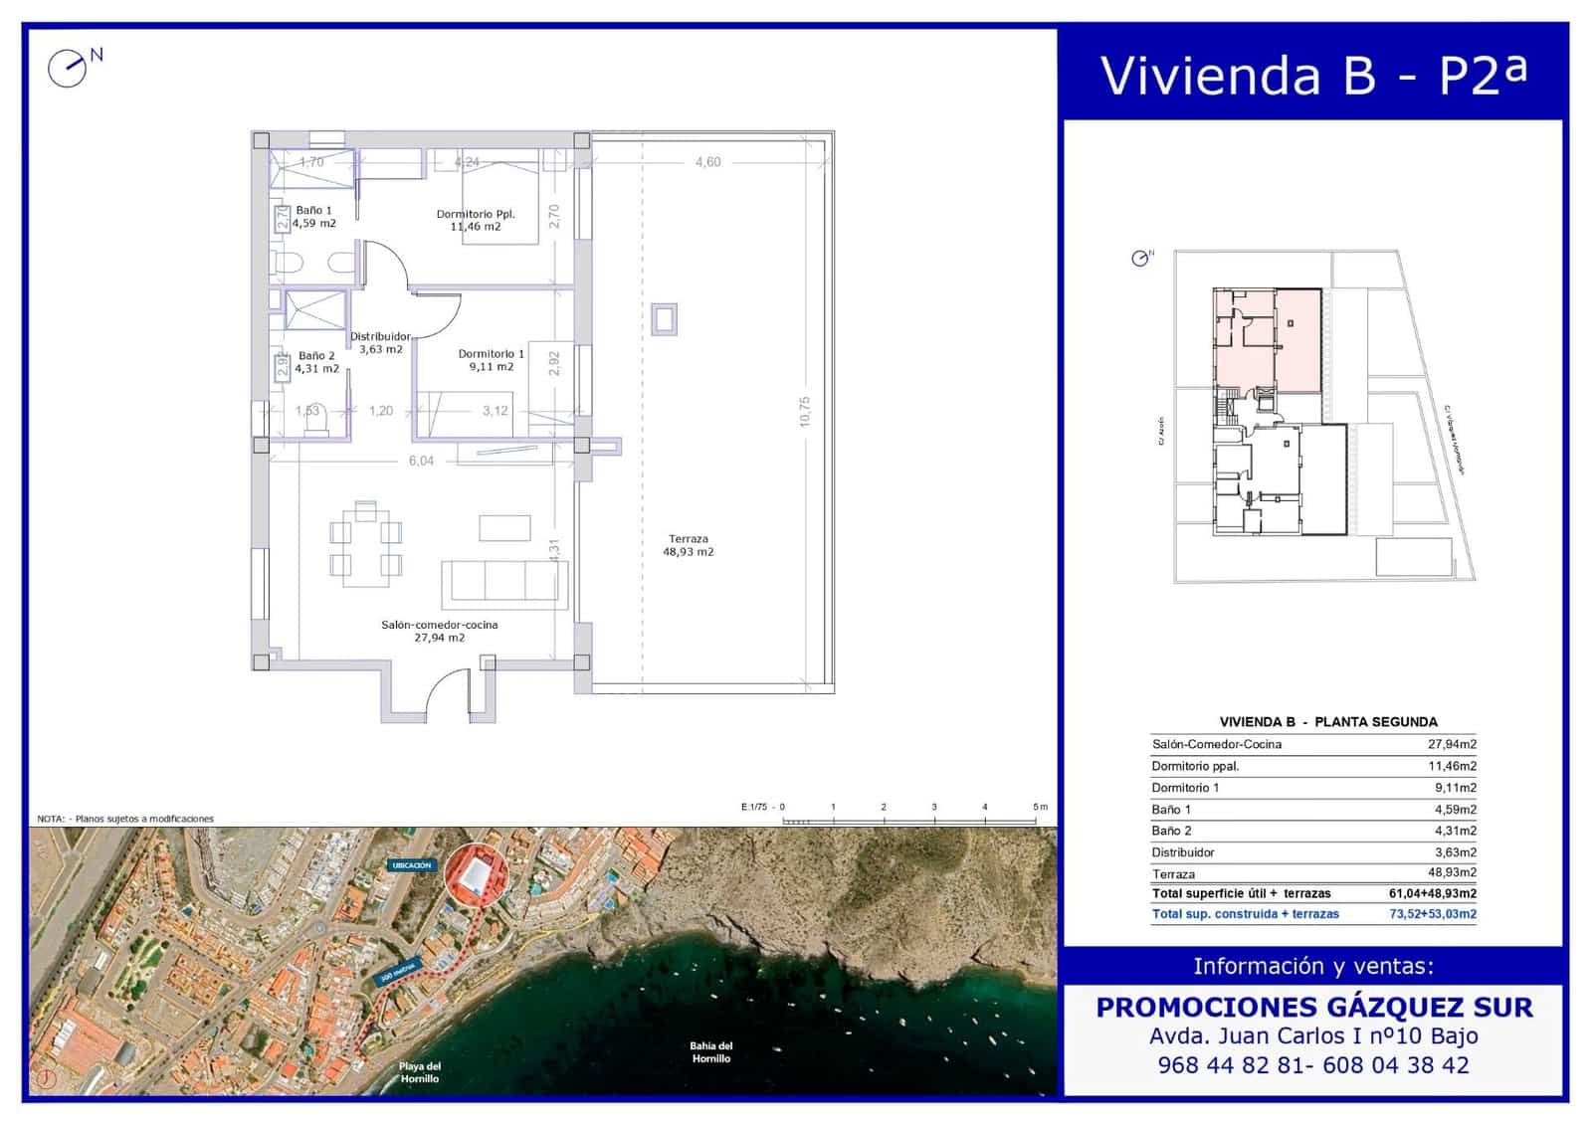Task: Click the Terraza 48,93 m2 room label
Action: [689, 545]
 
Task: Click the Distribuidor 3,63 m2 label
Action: [380, 342]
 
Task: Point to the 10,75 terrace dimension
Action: [804, 411]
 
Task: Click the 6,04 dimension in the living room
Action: [421, 461]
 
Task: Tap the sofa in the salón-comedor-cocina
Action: [504, 581]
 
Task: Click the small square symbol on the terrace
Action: [664, 320]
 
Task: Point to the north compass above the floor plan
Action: [70, 68]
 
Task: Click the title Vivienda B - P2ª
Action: [1313, 75]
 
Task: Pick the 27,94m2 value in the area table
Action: [1452, 744]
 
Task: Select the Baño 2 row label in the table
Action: [1171, 831]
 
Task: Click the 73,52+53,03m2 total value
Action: [1433, 913]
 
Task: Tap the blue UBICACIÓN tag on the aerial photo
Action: [411, 865]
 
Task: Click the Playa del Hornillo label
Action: [419, 1072]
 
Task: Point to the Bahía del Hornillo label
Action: [710, 1051]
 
